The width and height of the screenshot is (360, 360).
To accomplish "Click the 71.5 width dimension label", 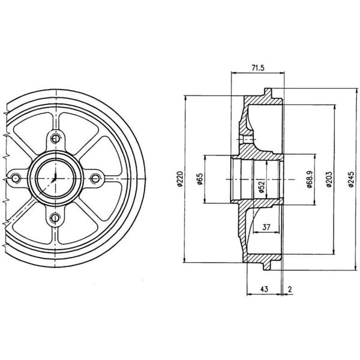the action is pyautogui.click(x=258, y=68).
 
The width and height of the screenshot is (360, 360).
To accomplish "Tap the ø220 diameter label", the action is pyautogui.click(x=180, y=179).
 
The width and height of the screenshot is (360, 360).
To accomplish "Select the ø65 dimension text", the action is pyautogui.click(x=199, y=179).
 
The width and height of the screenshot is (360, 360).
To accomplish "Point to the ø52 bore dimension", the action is pyautogui.click(x=262, y=187).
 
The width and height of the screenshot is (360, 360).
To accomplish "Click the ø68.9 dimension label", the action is pyautogui.click(x=310, y=179).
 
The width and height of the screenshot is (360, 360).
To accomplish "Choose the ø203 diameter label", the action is pyautogui.click(x=329, y=179).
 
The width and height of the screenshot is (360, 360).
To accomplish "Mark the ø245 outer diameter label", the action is pyautogui.click(x=351, y=179).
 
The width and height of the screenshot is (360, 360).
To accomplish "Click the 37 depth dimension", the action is pyautogui.click(x=266, y=227).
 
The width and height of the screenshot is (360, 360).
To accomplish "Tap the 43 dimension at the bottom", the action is pyautogui.click(x=264, y=289).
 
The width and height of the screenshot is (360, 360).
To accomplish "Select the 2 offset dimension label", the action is pyautogui.click(x=290, y=289).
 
